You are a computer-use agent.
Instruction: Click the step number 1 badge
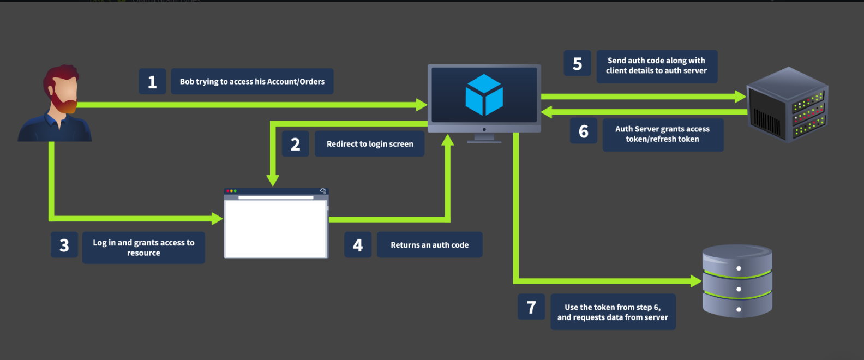tap(152, 81)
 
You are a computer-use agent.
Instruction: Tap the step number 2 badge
tap(296, 144)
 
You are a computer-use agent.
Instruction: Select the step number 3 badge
tap(64, 244)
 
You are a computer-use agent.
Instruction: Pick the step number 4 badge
tap(358, 244)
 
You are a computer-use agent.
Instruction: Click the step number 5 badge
tap(578, 63)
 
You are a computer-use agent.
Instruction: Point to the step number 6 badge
tap(584, 131)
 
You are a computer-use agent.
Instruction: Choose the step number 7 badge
tap(531, 307)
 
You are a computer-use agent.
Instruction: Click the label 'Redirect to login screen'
tap(369, 144)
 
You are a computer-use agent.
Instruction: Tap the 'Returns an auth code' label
tap(430, 244)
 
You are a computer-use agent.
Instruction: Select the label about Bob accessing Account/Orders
tap(252, 81)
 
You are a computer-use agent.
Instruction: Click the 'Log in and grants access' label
tap(143, 248)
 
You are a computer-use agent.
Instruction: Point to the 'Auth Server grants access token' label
tap(663, 134)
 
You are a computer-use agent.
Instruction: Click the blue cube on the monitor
tap(484, 95)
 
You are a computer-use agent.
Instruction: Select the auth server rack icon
tap(787, 105)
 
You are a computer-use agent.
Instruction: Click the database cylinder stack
tap(737, 281)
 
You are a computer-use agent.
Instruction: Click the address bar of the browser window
tap(276, 197)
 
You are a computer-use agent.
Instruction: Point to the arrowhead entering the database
tap(696, 281)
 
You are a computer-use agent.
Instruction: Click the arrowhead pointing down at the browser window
tap(273, 180)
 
